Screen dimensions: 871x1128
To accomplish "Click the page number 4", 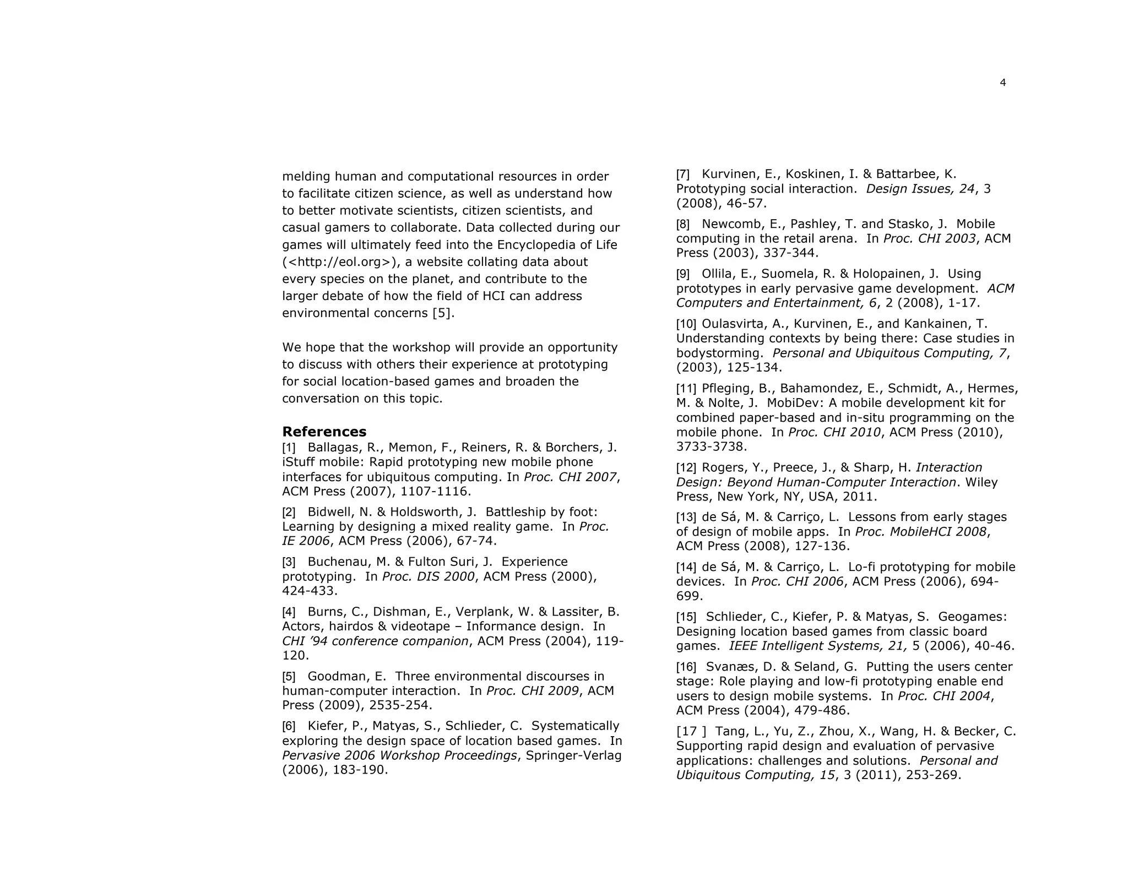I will click(x=1002, y=83).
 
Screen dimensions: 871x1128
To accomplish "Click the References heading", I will click(x=324, y=431).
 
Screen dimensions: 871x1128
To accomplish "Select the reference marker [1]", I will click(x=289, y=448).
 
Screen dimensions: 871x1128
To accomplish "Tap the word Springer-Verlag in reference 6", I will click(x=573, y=755).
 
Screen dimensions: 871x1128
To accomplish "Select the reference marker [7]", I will click(x=683, y=174).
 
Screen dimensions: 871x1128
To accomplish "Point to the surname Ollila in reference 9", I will click(x=718, y=274).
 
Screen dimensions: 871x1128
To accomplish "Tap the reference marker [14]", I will click(x=686, y=567).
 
